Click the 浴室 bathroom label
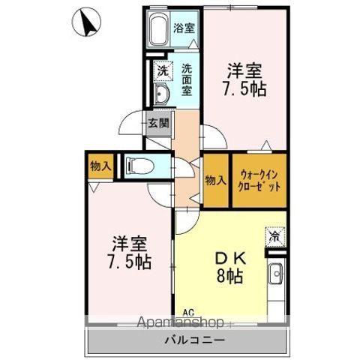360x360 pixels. click(x=184, y=28)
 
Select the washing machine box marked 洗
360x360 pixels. click(x=163, y=71)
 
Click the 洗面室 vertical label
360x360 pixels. click(x=187, y=79)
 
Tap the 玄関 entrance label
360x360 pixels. click(x=158, y=123)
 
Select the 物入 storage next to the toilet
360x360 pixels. click(x=100, y=166)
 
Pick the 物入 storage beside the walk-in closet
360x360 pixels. click(x=216, y=180)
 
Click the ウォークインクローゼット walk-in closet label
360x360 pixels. click(x=259, y=181)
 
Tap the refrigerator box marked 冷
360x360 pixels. click(x=275, y=236)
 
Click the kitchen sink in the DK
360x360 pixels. click(x=276, y=274)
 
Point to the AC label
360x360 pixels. click(x=188, y=312)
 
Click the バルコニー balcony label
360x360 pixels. click(x=195, y=340)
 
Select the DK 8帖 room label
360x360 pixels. click(x=230, y=268)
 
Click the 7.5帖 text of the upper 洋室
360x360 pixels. click(x=244, y=89)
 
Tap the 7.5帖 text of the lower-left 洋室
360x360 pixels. click(x=130, y=262)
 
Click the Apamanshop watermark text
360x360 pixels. click(x=181, y=322)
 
